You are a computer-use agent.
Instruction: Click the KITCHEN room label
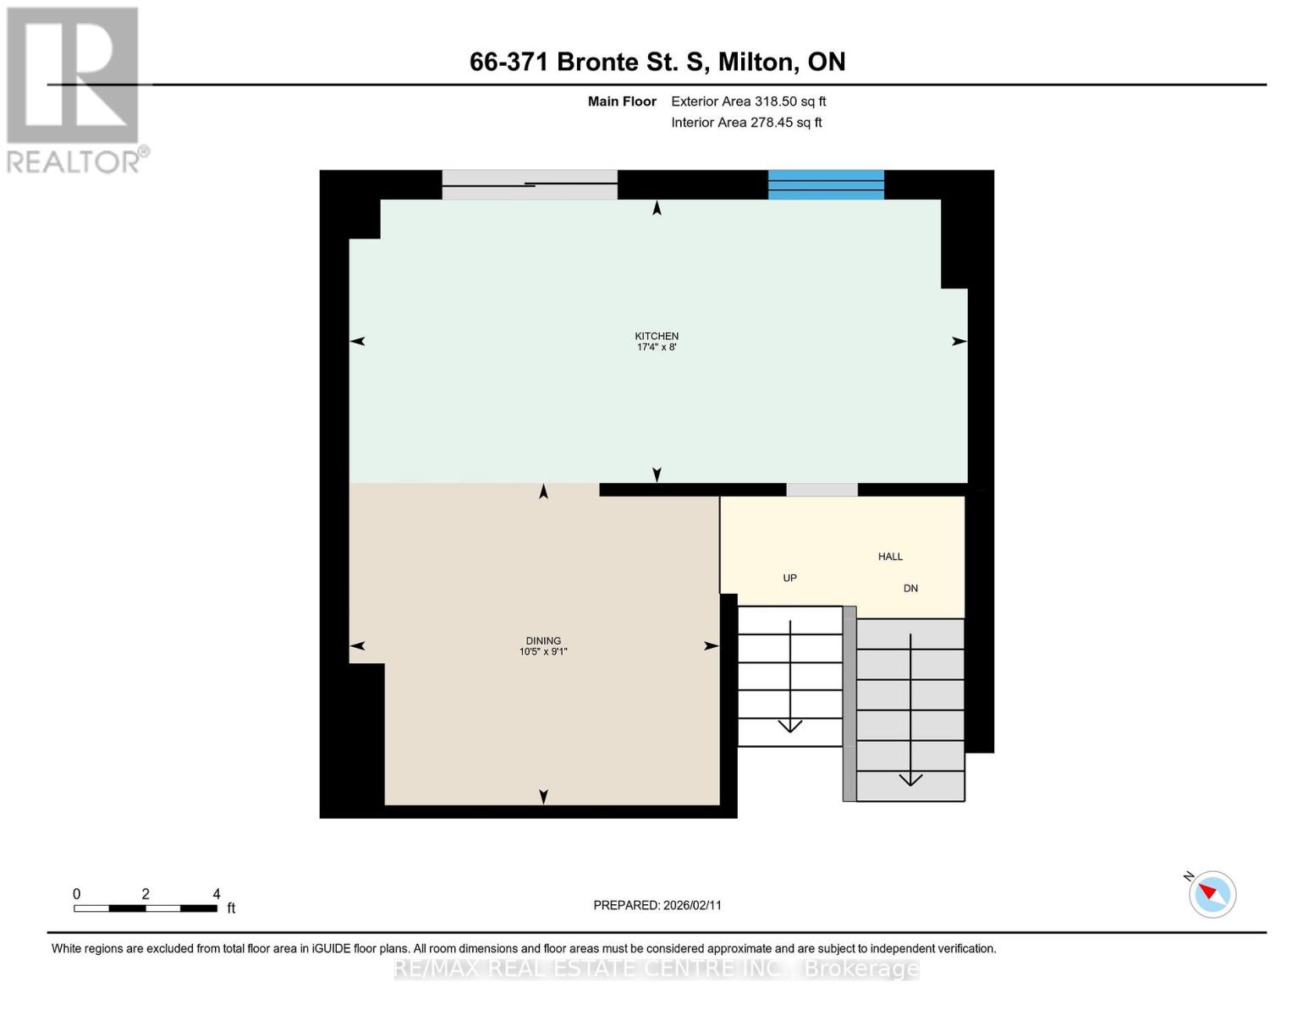coord(656,336)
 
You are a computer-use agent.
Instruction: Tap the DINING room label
coord(543,640)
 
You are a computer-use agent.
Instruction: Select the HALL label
coord(890,557)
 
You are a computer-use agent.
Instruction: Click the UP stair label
coord(789,578)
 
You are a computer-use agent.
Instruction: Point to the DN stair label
coord(910,588)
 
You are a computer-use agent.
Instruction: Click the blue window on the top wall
coord(826,184)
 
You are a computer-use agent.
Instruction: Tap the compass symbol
coord(1212,894)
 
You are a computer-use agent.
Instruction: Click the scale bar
coord(146,908)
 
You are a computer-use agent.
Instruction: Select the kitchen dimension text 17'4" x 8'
coord(656,347)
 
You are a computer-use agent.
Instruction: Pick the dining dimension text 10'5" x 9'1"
coord(543,651)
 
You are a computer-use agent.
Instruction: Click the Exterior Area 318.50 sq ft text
coord(749,101)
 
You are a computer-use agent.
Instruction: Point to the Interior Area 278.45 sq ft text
coord(746,123)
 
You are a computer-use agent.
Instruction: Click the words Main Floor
coord(622,101)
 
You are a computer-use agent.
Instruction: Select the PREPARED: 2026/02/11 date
coord(657,905)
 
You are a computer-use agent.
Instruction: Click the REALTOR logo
coord(75,91)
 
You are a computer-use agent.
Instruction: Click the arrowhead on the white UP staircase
coord(789,726)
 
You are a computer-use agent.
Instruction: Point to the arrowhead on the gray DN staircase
coord(910,779)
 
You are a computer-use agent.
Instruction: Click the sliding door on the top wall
coord(530,184)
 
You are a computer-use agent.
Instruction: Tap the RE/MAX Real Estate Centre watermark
coord(656,968)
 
